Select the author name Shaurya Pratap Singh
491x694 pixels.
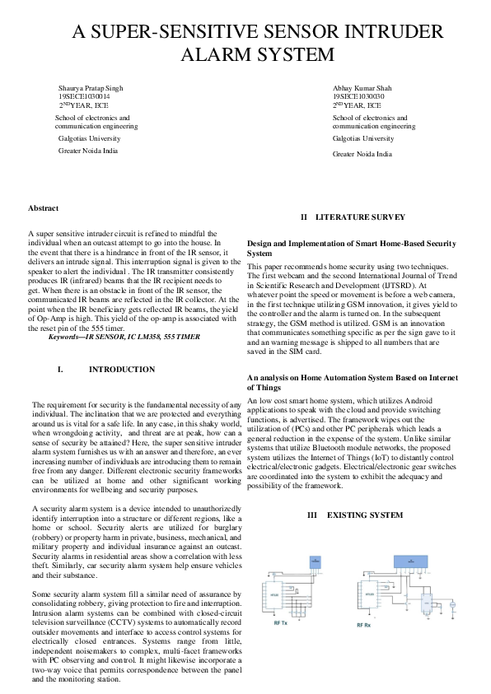[91, 87]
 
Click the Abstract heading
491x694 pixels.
[43, 208]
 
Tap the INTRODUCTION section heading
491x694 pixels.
[121, 370]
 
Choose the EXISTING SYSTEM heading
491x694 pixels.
[365, 515]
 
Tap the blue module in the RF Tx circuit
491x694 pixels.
[313, 561]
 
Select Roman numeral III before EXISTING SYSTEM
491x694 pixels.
[312, 515]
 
